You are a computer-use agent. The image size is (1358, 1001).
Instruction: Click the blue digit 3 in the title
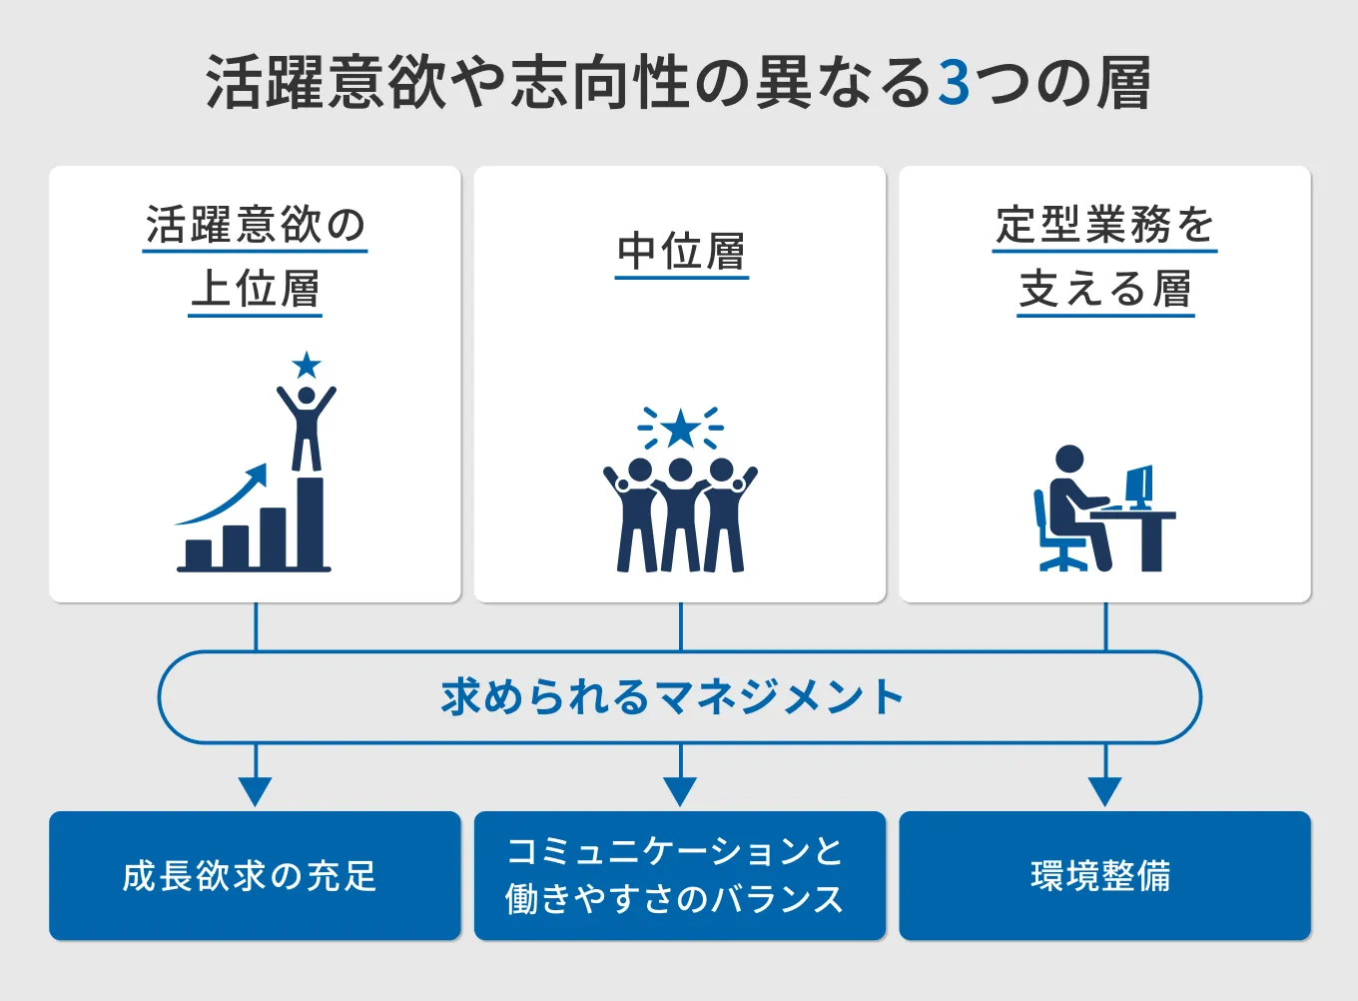[x=955, y=84]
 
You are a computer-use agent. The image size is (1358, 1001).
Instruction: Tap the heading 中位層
[x=681, y=252]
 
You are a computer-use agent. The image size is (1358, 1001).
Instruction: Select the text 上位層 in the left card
[x=256, y=290]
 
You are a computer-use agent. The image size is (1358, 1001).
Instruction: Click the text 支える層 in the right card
[x=1105, y=290]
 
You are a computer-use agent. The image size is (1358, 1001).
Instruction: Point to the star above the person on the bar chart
[x=307, y=366]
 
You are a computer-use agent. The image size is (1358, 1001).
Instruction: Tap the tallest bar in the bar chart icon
[x=311, y=522]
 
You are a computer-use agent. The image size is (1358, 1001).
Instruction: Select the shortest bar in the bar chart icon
[x=199, y=553]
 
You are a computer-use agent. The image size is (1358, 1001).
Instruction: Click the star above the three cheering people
[x=681, y=429]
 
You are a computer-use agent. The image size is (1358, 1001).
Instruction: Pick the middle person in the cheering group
[x=681, y=514]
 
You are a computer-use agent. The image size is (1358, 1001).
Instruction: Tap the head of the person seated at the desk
[x=1068, y=460]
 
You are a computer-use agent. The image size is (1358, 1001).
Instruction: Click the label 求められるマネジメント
[x=673, y=697]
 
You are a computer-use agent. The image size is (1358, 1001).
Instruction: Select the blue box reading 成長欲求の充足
[x=255, y=875]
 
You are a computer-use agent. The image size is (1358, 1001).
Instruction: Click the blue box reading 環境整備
[x=1104, y=875]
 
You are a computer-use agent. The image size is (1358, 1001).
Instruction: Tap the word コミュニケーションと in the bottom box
[x=675, y=851]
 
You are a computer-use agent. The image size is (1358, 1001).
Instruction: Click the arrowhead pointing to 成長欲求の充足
[x=256, y=791]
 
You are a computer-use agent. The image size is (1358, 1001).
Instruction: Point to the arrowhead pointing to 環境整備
[x=1104, y=791]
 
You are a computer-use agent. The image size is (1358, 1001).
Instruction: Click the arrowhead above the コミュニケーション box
[x=680, y=791]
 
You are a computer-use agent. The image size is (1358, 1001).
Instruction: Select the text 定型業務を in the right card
[x=1104, y=225]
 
